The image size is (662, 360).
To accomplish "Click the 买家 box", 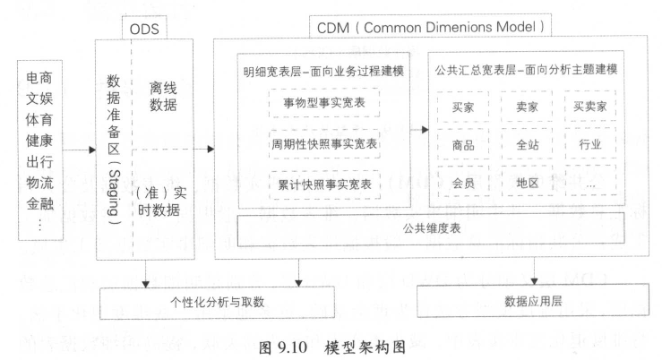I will (x=462, y=105).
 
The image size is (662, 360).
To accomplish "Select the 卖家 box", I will (x=527, y=105).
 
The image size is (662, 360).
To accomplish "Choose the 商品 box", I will (x=462, y=143).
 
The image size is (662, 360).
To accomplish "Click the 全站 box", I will (x=527, y=143).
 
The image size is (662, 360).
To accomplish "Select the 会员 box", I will (x=462, y=183).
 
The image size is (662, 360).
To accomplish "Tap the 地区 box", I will (x=527, y=183).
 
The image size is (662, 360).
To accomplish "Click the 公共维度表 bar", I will (x=431, y=229).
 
